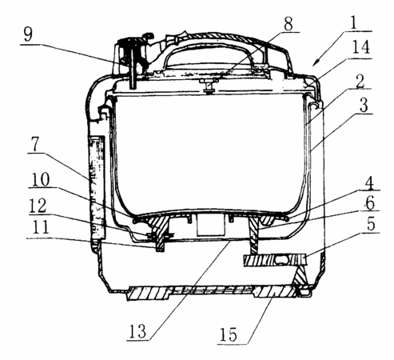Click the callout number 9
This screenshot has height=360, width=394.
click(x=28, y=34)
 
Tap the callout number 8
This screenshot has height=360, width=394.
click(x=289, y=23)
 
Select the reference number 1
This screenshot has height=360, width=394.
click(x=353, y=22)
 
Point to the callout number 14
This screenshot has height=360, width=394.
click(x=361, y=47)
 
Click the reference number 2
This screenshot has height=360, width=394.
click(x=360, y=81)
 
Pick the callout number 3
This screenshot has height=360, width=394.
click(x=364, y=105)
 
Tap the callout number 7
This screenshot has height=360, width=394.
click(x=35, y=145)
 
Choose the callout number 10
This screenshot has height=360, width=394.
click(x=41, y=179)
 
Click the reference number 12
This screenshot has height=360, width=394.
click(x=38, y=206)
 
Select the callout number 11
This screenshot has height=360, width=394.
click(x=40, y=227)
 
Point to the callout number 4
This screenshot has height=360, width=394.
click(x=369, y=182)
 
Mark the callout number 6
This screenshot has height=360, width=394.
click(x=370, y=202)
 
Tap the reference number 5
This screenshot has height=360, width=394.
click(x=371, y=223)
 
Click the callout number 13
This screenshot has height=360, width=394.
click(x=137, y=331)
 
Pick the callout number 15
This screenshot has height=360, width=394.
click(x=229, y=334)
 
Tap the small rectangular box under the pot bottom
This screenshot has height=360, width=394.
click(x=210, y=224)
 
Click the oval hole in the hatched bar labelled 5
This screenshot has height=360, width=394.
click(x=281, y=260)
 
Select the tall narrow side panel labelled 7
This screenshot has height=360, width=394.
click(x=97, y=187)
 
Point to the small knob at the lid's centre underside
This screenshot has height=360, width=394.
click(x=209, y=87)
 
